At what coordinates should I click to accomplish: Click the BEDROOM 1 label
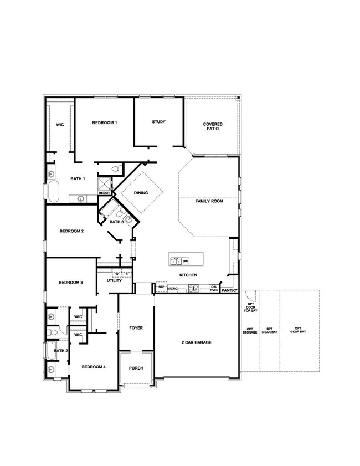click(104, 122)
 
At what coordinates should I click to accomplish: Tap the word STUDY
click(159, 122)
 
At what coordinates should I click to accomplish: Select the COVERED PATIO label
click(212, 126)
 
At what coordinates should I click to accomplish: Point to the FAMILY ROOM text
click(209, 202)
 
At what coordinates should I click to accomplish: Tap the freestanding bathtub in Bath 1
click(54, 191)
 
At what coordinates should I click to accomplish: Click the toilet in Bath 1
click(116, 168)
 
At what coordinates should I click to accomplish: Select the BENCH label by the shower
click(104, 193)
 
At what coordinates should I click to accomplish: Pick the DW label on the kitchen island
click(186, 260)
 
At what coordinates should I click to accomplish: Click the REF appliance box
click(161, 288)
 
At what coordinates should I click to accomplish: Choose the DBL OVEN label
click(214, 288)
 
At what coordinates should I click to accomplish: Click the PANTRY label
click(229, 290)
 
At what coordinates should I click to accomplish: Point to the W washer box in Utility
click(117, 274)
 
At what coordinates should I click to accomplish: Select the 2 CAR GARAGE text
click(197, 342)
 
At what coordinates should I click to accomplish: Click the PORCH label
click(136, 368)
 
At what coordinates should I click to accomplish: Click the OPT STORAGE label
click(250, 330)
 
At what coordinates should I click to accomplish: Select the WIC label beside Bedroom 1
click(60, 125)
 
